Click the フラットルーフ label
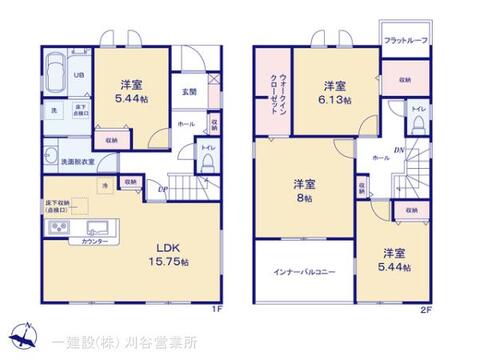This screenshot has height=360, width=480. tap(406, 40)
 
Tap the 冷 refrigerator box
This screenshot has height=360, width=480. tap(104, 186)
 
